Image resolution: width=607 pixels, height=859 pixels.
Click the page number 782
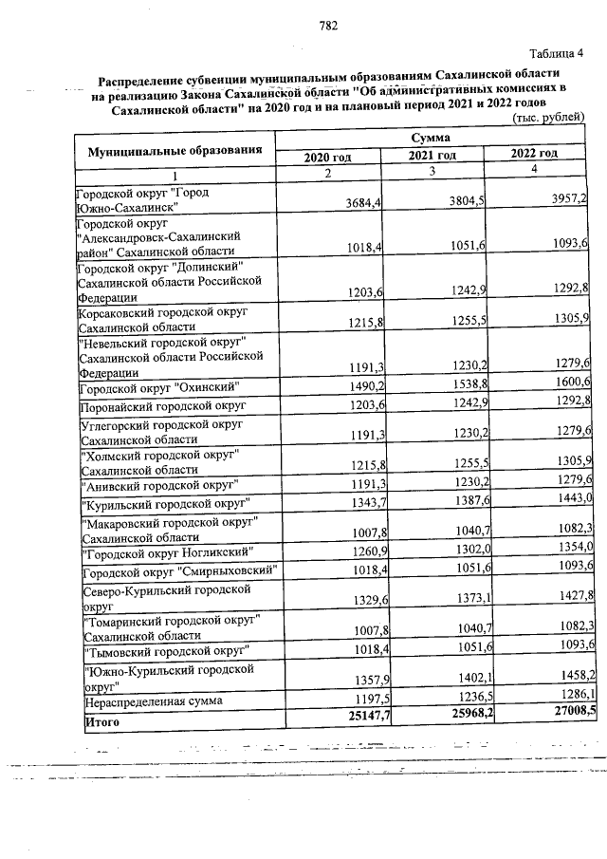329,27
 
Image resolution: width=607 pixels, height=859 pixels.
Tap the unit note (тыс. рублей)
547,118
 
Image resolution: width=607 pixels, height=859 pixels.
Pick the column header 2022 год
533,154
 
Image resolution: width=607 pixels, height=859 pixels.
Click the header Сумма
430,139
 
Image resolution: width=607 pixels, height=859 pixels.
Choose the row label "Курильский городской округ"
166,501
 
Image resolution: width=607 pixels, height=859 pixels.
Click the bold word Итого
100,720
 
